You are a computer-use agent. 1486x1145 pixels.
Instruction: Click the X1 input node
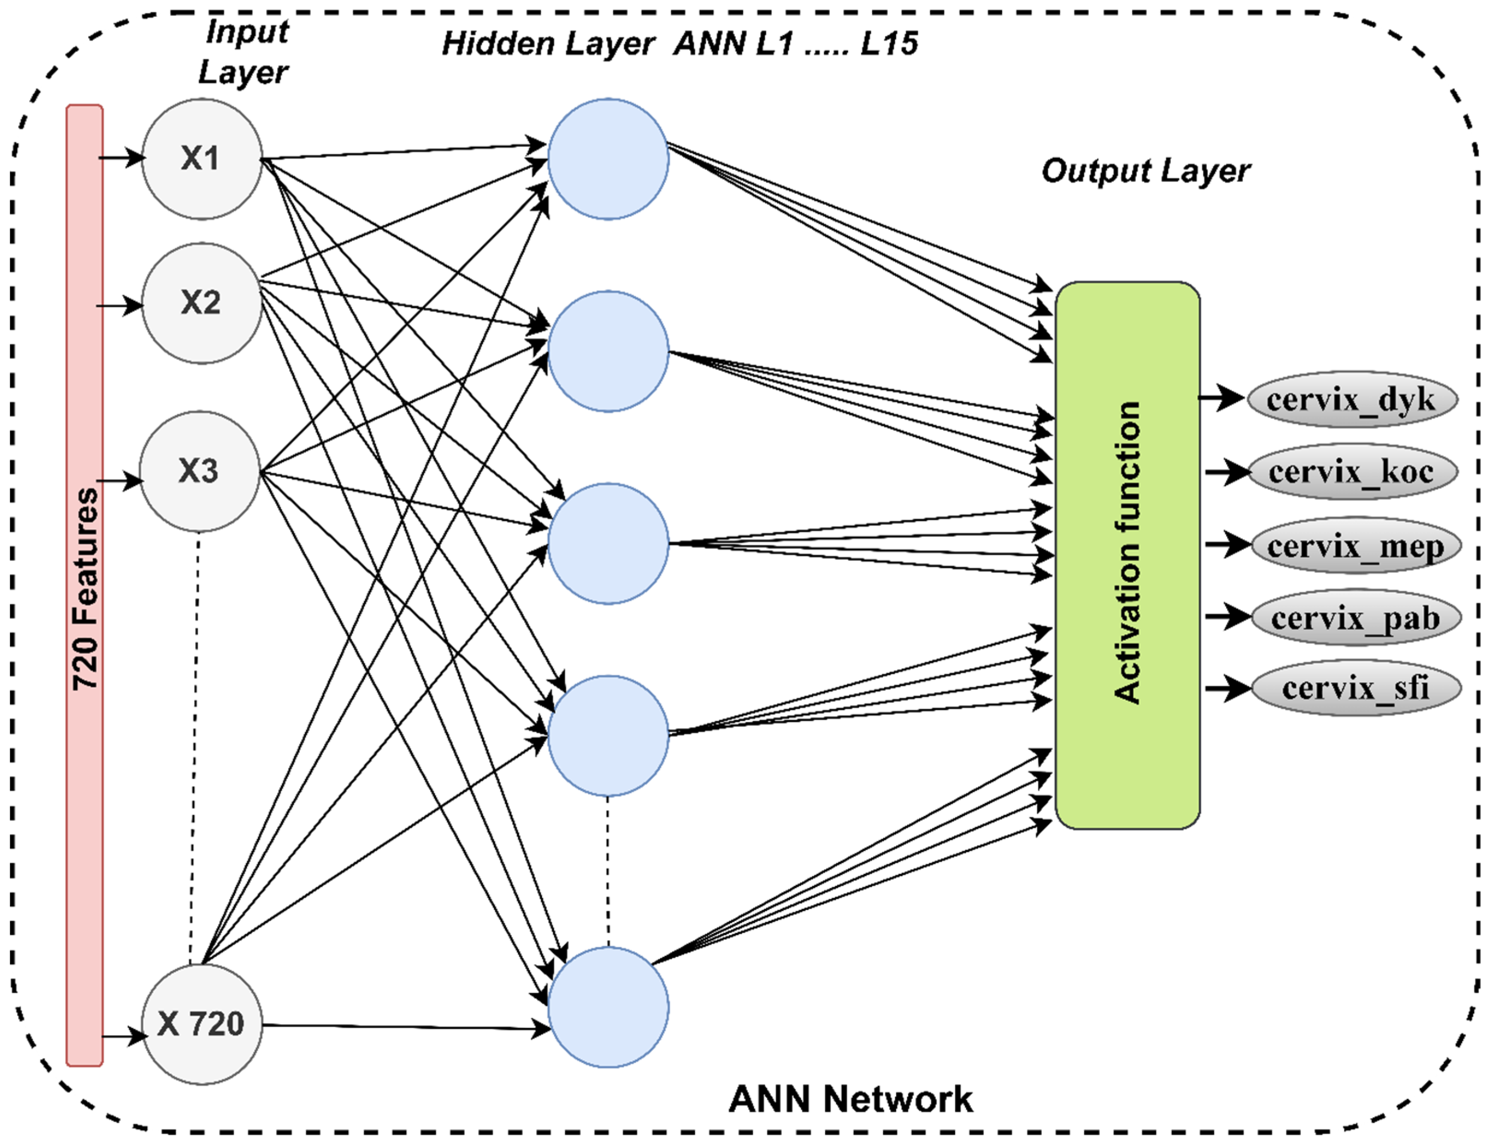(201, 159)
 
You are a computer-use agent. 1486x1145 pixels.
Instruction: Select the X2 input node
(201, 303)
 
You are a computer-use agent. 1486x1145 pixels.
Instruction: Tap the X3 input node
(200, 471)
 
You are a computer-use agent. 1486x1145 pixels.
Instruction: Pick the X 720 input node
(201, 1024)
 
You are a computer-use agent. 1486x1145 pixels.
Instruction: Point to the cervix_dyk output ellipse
(1351, 399)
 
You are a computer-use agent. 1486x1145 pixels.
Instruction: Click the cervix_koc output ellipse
(1351, 471)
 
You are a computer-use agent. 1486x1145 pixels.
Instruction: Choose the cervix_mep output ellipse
(1354, 546)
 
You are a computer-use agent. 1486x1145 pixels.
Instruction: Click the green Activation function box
(1127, 554)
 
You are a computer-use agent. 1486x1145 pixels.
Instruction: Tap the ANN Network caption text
(850, 1099)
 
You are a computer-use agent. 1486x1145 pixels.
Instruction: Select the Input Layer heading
(245, 52)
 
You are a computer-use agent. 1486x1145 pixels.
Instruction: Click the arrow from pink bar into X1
(123, 158)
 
